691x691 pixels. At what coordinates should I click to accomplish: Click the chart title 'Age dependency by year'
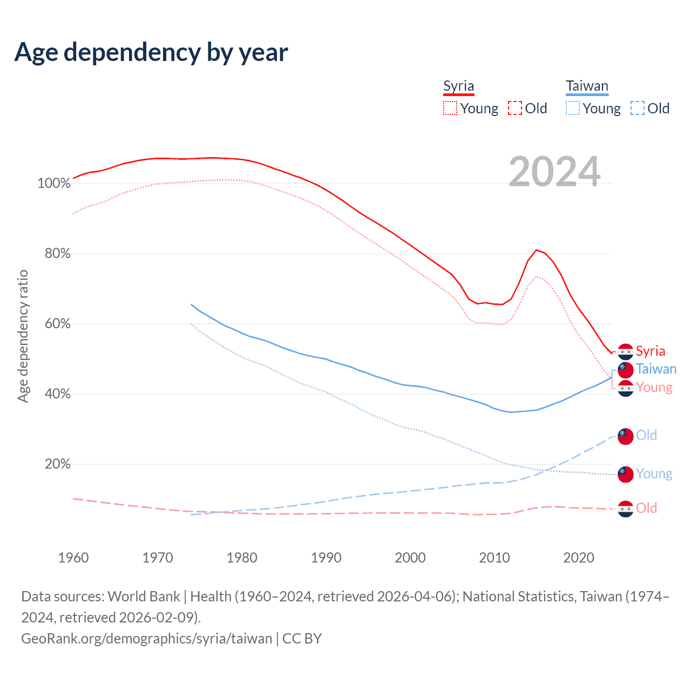pyautogui.click(x=151, y=52)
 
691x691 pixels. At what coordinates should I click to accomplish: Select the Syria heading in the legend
pyautogui.click(x=458, y=86)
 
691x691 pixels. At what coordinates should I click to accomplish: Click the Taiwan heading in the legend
pyautogui.click(x=587, y=86)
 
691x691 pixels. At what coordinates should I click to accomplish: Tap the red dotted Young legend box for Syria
pyautogui.click(x=450, y=109)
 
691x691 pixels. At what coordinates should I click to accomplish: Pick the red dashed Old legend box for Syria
pyautogui.click(x=515, y=109)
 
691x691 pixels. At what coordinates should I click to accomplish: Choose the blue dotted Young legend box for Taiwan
pyautogui.click(x=572, y=109)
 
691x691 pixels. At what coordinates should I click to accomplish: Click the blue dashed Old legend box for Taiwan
pyautogui.click(x=638, y=109)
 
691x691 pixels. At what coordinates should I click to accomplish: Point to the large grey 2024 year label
pyautogui.click(x=554, y=172)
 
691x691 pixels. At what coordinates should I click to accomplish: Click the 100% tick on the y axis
pyautogui.click(x=54, y=184)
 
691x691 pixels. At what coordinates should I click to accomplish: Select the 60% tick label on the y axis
pyautogui.click(x=57, y=324)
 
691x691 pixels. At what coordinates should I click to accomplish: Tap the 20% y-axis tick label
pyautogui.click(x=57, y=464)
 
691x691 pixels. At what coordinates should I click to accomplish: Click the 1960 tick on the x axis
pyautogui.click(x=73, y=558)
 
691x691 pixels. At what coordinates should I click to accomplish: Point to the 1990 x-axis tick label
pyautogui.click(x=326, y=558)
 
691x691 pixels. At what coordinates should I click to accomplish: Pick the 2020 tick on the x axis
pyautogui.click(x=579, y=558)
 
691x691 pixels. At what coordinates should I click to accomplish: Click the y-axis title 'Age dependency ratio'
pyautogui.click(x=23, y=336)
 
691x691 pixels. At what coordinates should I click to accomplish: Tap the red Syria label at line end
pyautogui.click(x=650, y=351)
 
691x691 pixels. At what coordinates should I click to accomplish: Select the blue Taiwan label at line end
pyautogui.click(x=656, y=369)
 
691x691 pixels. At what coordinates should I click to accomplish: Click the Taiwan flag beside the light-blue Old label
pyautogui.click(x=625, y=436)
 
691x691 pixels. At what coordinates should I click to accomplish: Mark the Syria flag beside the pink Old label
pyautogui.click(x=625, y=509)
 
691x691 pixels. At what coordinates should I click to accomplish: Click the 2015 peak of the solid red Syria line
pyautogui.click(x=536, y=250)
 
